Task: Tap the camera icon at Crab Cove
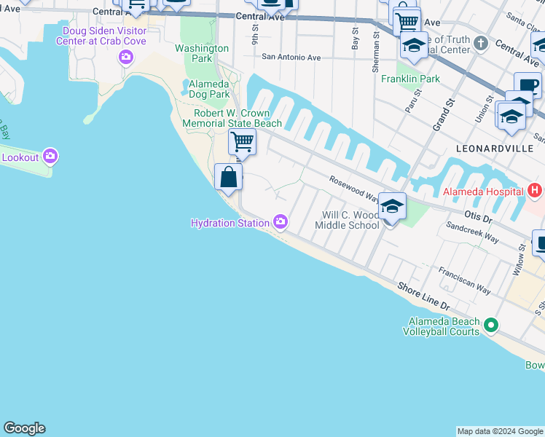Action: pos(127,57)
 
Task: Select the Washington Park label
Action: pos(202,54)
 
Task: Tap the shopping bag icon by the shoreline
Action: pos(228,177)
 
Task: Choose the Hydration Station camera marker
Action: pos(281,221)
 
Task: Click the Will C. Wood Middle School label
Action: pos(347,220)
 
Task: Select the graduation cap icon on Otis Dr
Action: pos(392,207)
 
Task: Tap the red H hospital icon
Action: pos(535,191)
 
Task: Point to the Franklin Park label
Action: pos(409,78)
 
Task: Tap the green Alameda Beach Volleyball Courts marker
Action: pos(491,324)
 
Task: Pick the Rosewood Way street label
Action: pos(353,188)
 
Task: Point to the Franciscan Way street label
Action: pos(464,280)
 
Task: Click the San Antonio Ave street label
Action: pos(291,57)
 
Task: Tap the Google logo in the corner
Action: pos(24,428)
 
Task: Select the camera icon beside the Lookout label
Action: pos(50,156)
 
